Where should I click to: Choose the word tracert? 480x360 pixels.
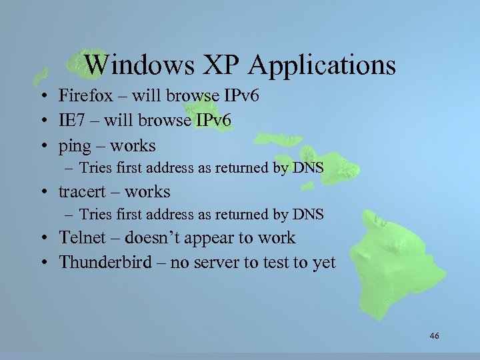click(x=81, y=192)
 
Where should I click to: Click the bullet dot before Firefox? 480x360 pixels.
click(x=42, y=97)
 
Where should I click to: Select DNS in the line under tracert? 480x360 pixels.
click(x=308, y=215)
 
